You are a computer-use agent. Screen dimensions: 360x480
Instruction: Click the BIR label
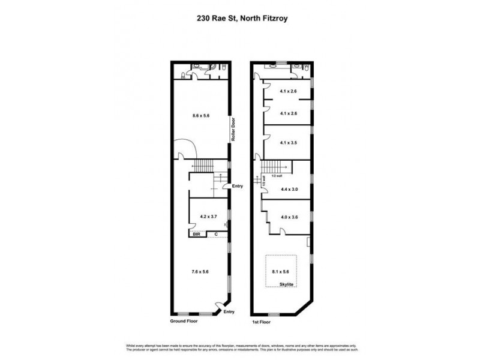point(196,235)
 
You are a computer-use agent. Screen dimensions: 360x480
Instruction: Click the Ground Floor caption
point(184,321)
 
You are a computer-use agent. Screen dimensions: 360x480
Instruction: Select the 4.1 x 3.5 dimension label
point(289,143)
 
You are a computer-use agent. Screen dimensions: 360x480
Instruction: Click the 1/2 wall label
point(276,175)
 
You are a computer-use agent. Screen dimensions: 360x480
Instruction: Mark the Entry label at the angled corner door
point(228,312)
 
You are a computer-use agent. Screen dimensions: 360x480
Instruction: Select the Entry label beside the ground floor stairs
point(238,186)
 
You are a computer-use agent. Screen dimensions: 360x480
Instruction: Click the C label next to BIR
point(216,235)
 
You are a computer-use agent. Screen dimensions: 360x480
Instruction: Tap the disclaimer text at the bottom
point(240,349)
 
